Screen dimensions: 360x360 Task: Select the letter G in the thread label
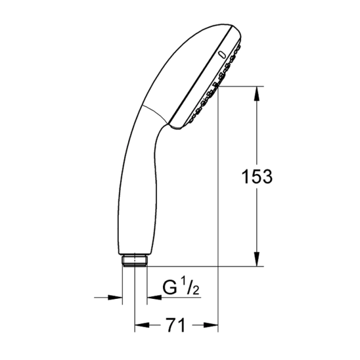pyautogui.click(x=169, y=289)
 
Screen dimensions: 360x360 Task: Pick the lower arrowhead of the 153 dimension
pyautogui.click(x=257, y=260)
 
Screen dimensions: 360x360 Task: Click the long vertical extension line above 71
pyautogui.click(x=218, y=206)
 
